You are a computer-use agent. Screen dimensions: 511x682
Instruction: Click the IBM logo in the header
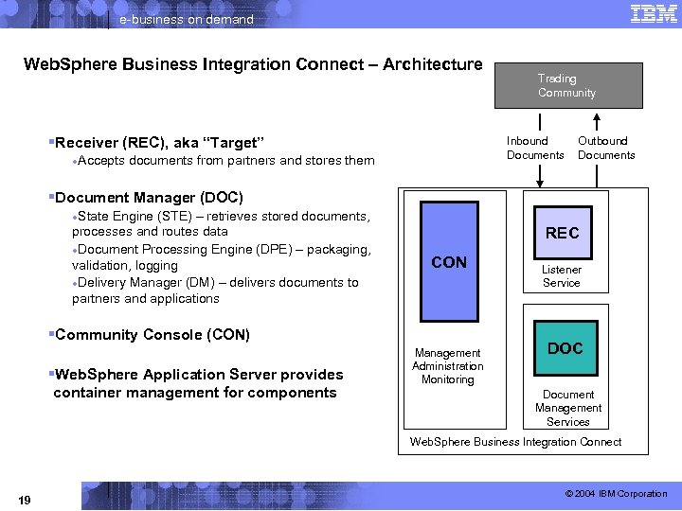tap(653, 13)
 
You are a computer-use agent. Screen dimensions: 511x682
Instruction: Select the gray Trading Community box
tap(566, 85)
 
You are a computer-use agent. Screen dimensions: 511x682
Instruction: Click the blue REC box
tap(562, 233)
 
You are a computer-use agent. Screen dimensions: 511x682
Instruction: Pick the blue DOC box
tap(565, 348)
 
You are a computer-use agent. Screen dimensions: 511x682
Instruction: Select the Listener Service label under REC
tap(562, 276)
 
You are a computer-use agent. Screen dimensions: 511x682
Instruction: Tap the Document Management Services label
tap(567, 408)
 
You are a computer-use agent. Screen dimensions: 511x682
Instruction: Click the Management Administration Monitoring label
tap(447, 366)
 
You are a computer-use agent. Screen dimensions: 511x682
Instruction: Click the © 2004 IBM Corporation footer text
tap(616, 494)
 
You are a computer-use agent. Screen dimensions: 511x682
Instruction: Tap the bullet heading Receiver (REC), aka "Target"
tap(159, 143)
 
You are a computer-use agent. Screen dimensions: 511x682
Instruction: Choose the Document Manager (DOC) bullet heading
tap(149, 198)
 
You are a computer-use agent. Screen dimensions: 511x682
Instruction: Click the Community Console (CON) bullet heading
tap(153, 334)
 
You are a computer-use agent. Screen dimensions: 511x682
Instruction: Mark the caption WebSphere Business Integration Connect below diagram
tap(515, 442)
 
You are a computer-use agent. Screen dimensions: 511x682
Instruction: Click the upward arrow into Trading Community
tap(597, 123)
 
